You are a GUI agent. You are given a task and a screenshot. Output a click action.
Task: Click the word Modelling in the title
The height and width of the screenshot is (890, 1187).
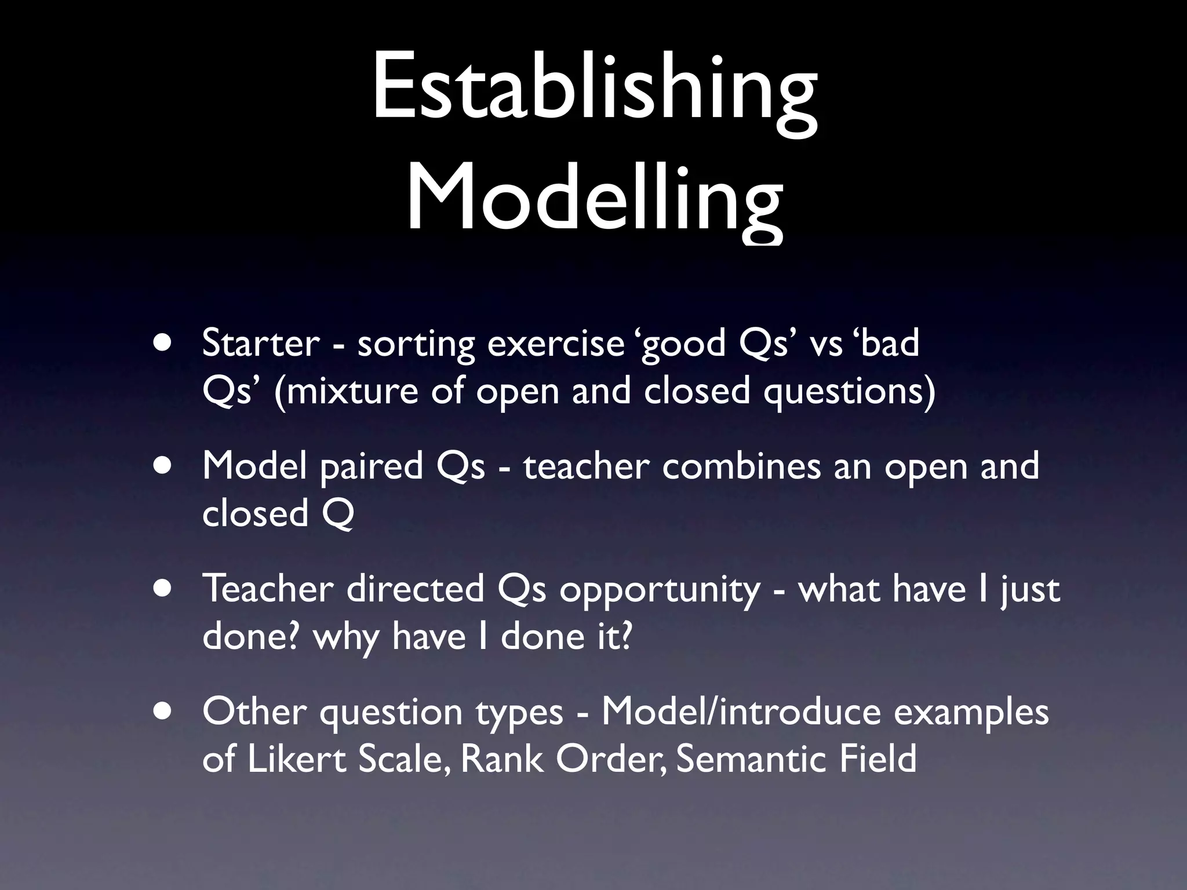click(594, 200)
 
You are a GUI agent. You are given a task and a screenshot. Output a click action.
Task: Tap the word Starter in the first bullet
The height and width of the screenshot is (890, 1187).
click(261, 343)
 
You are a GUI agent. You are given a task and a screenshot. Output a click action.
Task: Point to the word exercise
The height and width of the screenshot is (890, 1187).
click(555, 343)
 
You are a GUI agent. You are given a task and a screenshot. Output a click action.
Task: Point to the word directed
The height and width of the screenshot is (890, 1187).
click(416, 589)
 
